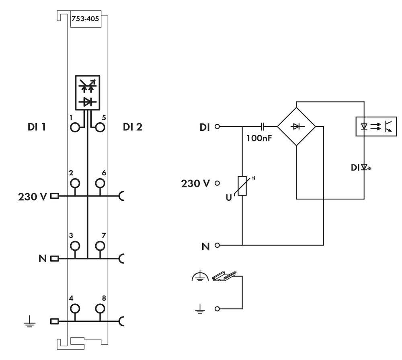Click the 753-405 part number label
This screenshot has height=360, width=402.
tap(85, 19)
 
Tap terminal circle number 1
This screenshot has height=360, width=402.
tap(74, 128)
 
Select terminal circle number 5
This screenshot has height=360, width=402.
tap(100, 128)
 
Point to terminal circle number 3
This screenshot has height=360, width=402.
tap(74, 246)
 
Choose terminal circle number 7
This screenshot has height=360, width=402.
tap(100, 246)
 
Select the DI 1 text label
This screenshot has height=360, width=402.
tap(35, 128)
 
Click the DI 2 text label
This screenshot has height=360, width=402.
tap(133, 128)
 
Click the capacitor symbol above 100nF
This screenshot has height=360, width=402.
tap(263, 126)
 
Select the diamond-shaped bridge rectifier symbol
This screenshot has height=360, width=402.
tap(297, 126)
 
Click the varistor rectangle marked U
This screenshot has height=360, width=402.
tap(242, 186)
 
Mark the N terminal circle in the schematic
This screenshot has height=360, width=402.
tap(218, 245)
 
